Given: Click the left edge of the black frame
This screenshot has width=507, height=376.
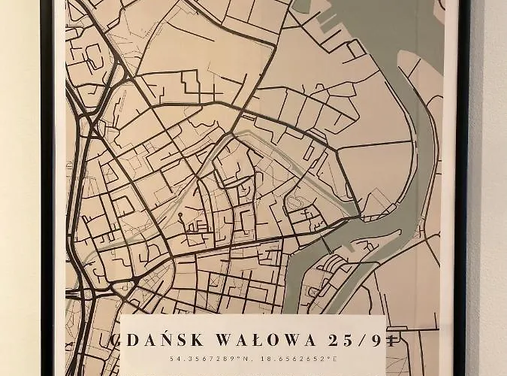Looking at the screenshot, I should click(47, 188).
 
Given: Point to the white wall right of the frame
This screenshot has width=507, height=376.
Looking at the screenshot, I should click(488, 188).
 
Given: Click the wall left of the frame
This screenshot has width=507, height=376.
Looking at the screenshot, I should click(19, 188).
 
